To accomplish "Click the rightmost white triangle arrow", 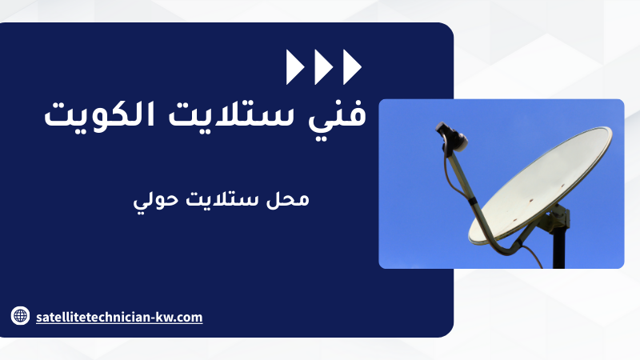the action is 351,67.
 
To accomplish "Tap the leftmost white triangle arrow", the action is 294,67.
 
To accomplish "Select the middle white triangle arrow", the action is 322,67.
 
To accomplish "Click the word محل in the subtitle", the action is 288,199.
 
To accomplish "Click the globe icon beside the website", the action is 20,315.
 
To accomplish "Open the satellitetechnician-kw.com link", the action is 119,317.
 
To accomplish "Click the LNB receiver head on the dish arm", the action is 451,137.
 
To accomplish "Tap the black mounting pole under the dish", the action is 558,249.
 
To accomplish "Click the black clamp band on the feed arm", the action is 472,201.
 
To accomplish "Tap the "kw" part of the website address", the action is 165,317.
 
